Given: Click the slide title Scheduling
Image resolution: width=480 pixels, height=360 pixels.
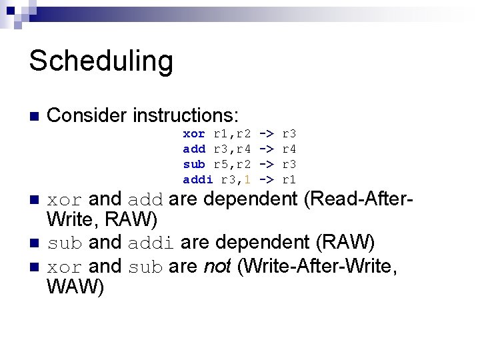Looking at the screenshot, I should point(101,61).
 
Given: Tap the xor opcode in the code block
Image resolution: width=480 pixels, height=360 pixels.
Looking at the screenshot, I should point(194,135).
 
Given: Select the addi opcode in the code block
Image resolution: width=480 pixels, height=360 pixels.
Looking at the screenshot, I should point(198,179).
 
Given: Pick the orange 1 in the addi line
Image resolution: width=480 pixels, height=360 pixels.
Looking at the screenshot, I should point(247,179).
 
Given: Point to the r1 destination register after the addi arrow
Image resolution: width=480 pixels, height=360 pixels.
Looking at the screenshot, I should point(290,179).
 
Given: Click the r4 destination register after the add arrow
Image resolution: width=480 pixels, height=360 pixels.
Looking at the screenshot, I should point(290,149).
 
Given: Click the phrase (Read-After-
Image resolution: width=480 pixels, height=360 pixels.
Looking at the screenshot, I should point(357,199).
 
